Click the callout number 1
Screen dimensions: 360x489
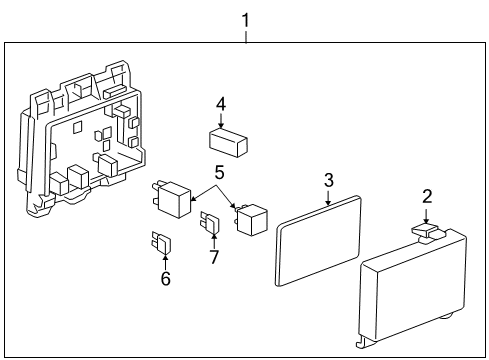coord(245,17)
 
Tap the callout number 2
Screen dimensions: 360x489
coord(426,196)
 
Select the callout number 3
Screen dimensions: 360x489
coord(327,180)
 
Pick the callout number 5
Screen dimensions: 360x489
coord(219,172)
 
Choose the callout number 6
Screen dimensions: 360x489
coord(165,278)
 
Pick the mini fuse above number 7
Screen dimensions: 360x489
coord(211,226)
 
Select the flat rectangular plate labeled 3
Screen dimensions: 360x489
coord(318,241)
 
